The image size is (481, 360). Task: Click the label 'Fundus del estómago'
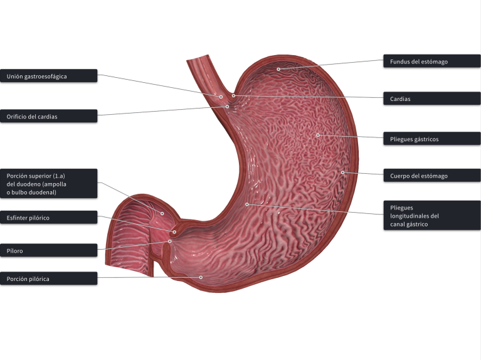(431, 61)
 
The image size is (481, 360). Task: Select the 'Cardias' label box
(431, 98)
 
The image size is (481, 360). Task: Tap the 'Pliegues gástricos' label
(431, 139)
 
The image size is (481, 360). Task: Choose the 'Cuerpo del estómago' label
(431, 176)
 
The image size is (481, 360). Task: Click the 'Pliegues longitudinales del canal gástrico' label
(431, 216)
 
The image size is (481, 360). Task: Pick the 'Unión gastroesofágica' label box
(49, 76)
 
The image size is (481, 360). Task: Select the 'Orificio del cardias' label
(49, 116)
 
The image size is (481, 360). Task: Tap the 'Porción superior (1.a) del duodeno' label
(49, 183)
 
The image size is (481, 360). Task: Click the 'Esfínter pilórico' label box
(49, 218)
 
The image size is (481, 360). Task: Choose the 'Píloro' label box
(49, 250)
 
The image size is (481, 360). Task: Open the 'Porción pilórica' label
(49, 278)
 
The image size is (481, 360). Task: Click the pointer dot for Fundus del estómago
(278, 69)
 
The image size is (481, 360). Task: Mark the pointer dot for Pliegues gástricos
(318, 135)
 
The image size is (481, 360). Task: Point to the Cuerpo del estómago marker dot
(342, 172)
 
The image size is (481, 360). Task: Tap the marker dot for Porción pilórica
(201, 277)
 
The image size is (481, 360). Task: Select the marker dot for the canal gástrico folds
(247, 204)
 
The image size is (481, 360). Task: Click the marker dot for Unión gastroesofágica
(221, 97)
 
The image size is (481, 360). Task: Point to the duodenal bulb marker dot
(162, 213)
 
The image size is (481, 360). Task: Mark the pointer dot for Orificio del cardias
(228, 107)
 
